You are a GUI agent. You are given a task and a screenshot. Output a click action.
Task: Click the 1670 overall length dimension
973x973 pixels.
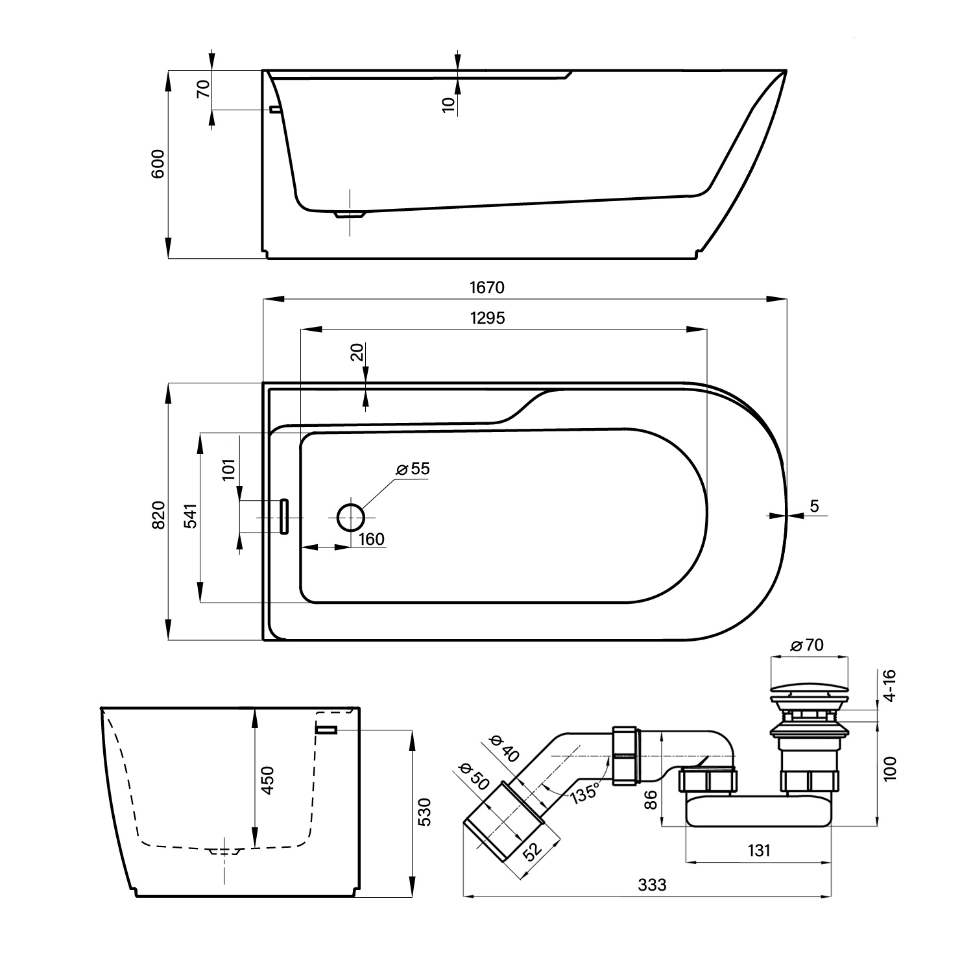486,287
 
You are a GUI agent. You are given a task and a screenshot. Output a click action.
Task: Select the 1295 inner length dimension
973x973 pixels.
486,318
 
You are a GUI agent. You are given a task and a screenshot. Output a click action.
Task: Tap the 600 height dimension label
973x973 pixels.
158,163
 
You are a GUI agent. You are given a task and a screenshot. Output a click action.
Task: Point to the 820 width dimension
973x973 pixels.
159,514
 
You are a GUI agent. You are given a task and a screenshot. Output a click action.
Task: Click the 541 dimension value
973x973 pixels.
190,515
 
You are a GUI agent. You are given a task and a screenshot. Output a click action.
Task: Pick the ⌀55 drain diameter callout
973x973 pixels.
413,468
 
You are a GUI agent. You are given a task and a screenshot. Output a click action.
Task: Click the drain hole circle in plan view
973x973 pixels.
351,516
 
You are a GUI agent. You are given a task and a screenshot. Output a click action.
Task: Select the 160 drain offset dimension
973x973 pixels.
372,539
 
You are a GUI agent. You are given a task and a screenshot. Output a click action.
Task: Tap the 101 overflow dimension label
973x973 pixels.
228,468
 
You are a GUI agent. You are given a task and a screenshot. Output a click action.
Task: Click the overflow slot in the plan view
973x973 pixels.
283,516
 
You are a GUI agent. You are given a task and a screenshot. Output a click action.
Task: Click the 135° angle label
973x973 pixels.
584,793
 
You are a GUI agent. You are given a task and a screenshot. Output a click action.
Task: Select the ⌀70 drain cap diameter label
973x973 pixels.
807,645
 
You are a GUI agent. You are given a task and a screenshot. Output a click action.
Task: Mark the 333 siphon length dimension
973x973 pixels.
652,884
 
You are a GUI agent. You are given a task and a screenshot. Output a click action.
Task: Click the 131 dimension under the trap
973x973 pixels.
759,850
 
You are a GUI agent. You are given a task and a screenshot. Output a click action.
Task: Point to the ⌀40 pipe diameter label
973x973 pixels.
504,747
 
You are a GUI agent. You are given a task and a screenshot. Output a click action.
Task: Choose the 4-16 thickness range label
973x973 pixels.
889,686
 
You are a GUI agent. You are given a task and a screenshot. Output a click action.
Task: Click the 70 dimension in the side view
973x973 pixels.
204,88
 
